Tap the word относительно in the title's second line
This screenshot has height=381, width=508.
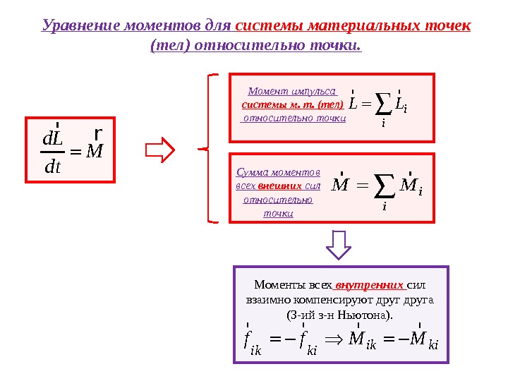[x=238, y=46]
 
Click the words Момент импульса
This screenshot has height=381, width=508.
[x=292, y=92]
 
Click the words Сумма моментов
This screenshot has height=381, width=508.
[x=278, y=172]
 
